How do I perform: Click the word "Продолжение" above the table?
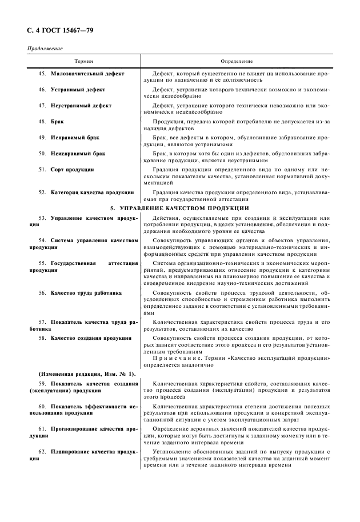(45, 49)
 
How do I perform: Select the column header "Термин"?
(83, 61)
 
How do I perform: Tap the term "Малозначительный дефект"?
(87, 74)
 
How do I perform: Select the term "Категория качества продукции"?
(92, 192)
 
